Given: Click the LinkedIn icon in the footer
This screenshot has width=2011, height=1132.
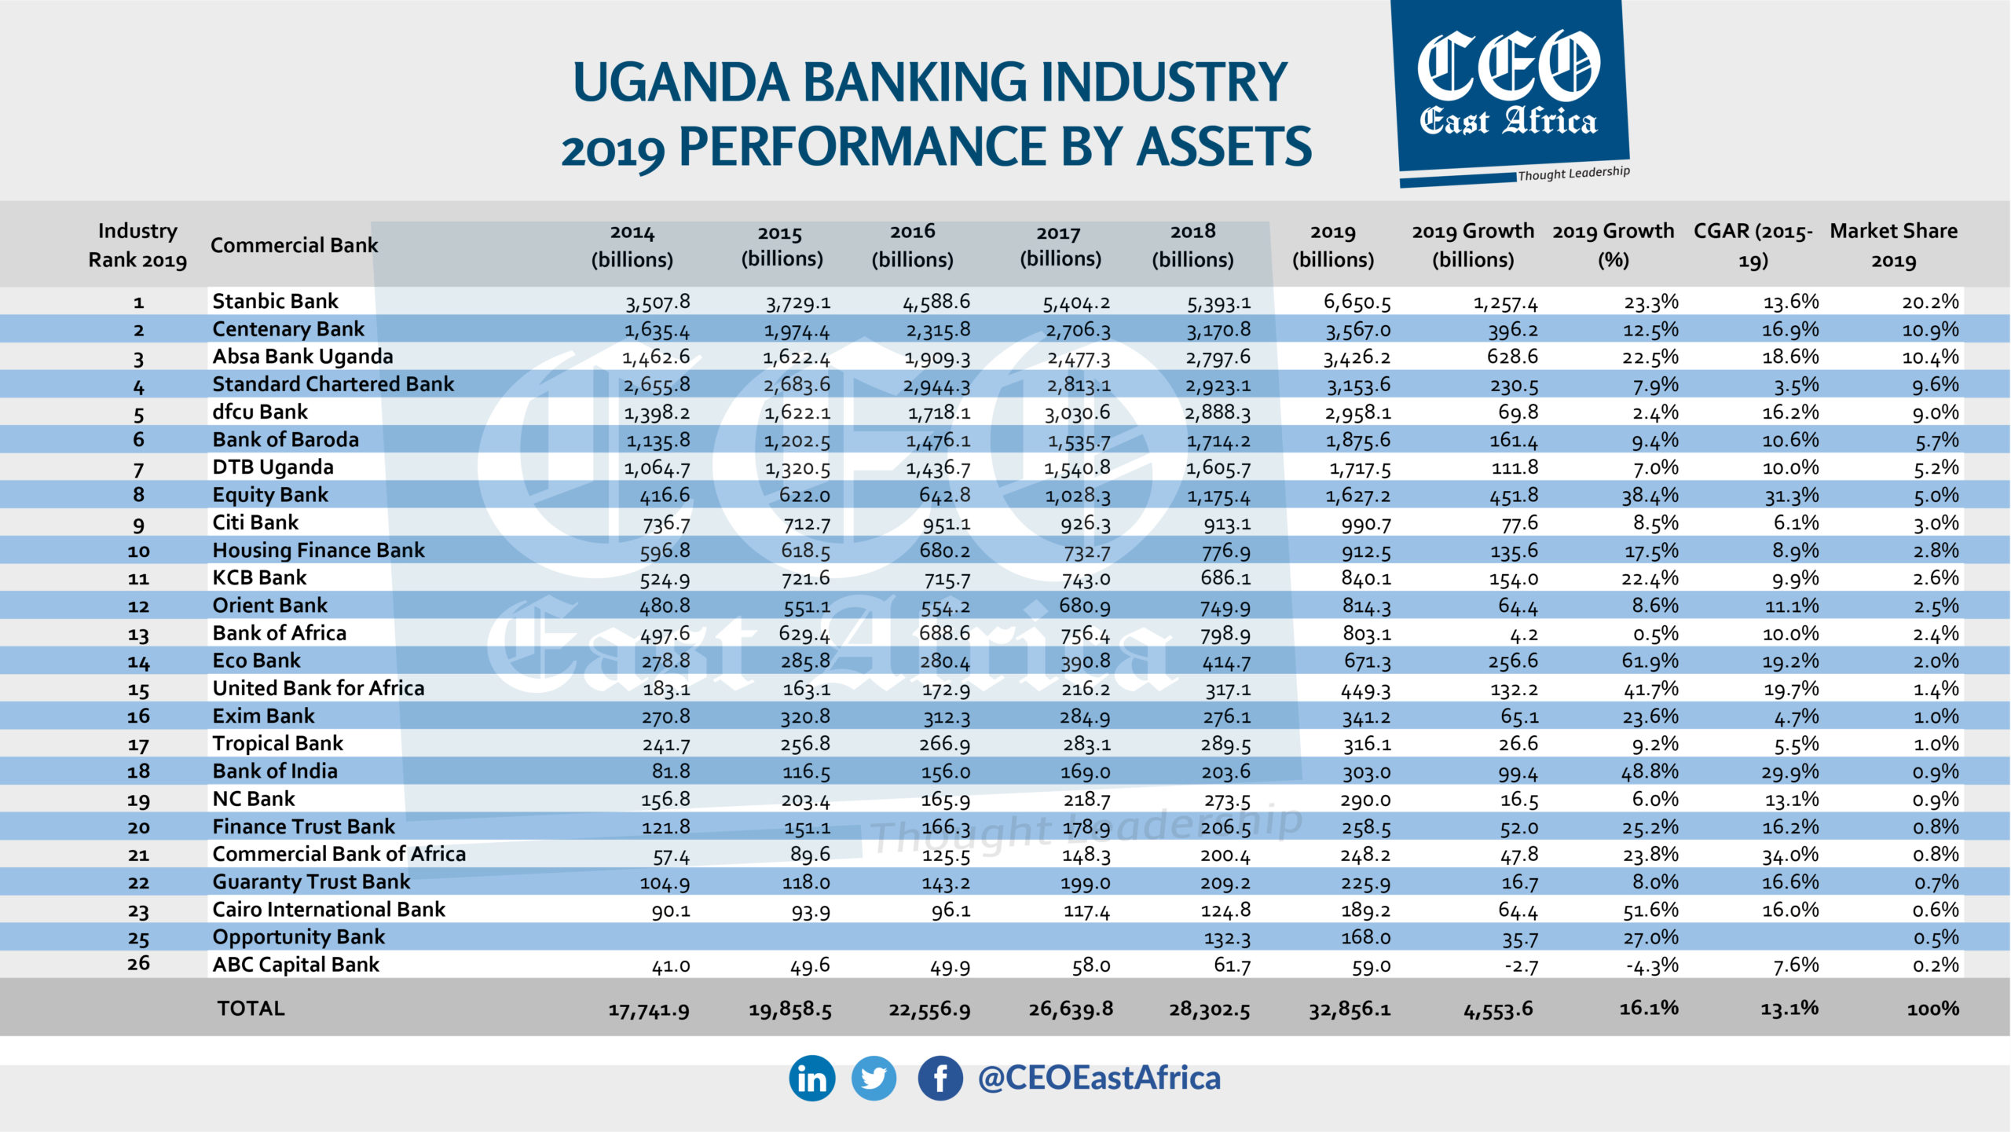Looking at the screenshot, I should click(x=811, y=1078).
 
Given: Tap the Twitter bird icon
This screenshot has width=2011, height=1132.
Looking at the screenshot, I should click(x=874, y=1078).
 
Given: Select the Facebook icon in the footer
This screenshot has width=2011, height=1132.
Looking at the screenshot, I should click(x=940, y=1078).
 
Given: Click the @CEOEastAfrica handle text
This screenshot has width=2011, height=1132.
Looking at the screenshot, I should click(x=1098, y=1078).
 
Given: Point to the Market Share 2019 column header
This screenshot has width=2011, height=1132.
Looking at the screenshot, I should click(x=1893, y=245).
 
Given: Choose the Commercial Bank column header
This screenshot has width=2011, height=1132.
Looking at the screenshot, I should click(x=294, y=245).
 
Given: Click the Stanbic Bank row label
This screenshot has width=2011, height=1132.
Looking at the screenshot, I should click(x=275, y=302).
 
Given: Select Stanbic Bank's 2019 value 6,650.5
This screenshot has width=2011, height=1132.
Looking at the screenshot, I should click(x=1357, y=302).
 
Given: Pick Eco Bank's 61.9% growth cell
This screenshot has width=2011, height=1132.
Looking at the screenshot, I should click(x=1650, y=661).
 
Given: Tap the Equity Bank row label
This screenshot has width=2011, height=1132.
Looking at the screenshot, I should click(x=270, y=495).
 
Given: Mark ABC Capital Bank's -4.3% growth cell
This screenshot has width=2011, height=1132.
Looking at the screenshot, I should click(x=1652, y=965).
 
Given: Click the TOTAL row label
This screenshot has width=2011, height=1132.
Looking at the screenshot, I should click(x=251, y=1008).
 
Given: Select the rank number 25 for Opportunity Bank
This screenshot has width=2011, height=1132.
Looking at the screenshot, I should click(x=138, y=938).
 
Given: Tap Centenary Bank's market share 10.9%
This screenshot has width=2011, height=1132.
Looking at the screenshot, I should click(x=1930, y=330).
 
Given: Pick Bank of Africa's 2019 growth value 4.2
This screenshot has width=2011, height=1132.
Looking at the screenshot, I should click(x=1519, y=634).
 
